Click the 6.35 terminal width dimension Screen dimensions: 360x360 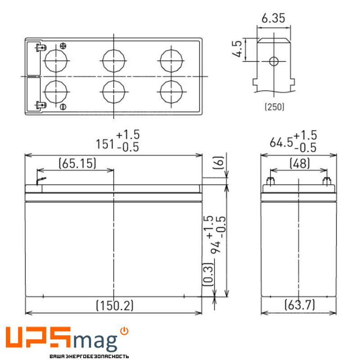[273, 18]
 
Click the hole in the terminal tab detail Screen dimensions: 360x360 [273, 61]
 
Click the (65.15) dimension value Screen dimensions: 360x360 [77, 163]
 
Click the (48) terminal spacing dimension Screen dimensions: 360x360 [299, 163]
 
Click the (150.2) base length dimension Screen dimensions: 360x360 [115, 306]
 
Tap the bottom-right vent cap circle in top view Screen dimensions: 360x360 [171, 91]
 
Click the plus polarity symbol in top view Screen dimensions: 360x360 [63, 46]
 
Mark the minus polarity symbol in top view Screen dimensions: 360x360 [63, 106]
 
